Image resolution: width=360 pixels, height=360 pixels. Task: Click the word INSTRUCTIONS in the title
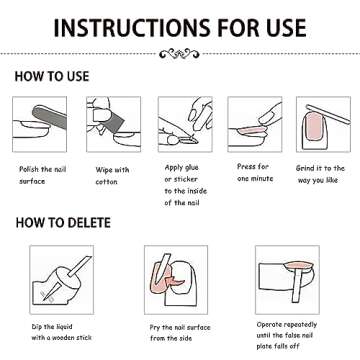click(x=128, y=28)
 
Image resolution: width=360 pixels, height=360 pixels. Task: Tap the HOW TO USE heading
click(x=52, y=77)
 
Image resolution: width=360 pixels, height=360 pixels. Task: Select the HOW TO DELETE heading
click(x=63, y=223)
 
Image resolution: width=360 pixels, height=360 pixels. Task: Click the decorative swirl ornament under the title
click(x=180, y=53)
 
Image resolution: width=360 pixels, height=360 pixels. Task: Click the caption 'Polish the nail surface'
click(x=42, y=175)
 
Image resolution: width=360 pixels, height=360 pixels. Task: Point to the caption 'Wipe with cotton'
click(x=112, y=176)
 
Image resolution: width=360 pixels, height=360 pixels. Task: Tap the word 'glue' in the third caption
click(x=191, y=168)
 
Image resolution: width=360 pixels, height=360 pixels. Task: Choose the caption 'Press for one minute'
click(x=255, y=172)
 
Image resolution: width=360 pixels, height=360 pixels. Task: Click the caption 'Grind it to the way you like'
click(x=320, y=174)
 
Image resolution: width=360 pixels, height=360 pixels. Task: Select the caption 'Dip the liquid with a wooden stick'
click(x=61, y=332)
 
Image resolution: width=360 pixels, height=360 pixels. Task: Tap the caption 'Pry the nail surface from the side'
click(x=180, y=333)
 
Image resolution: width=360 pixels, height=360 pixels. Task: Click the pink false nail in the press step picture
click(x=252, y=129)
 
